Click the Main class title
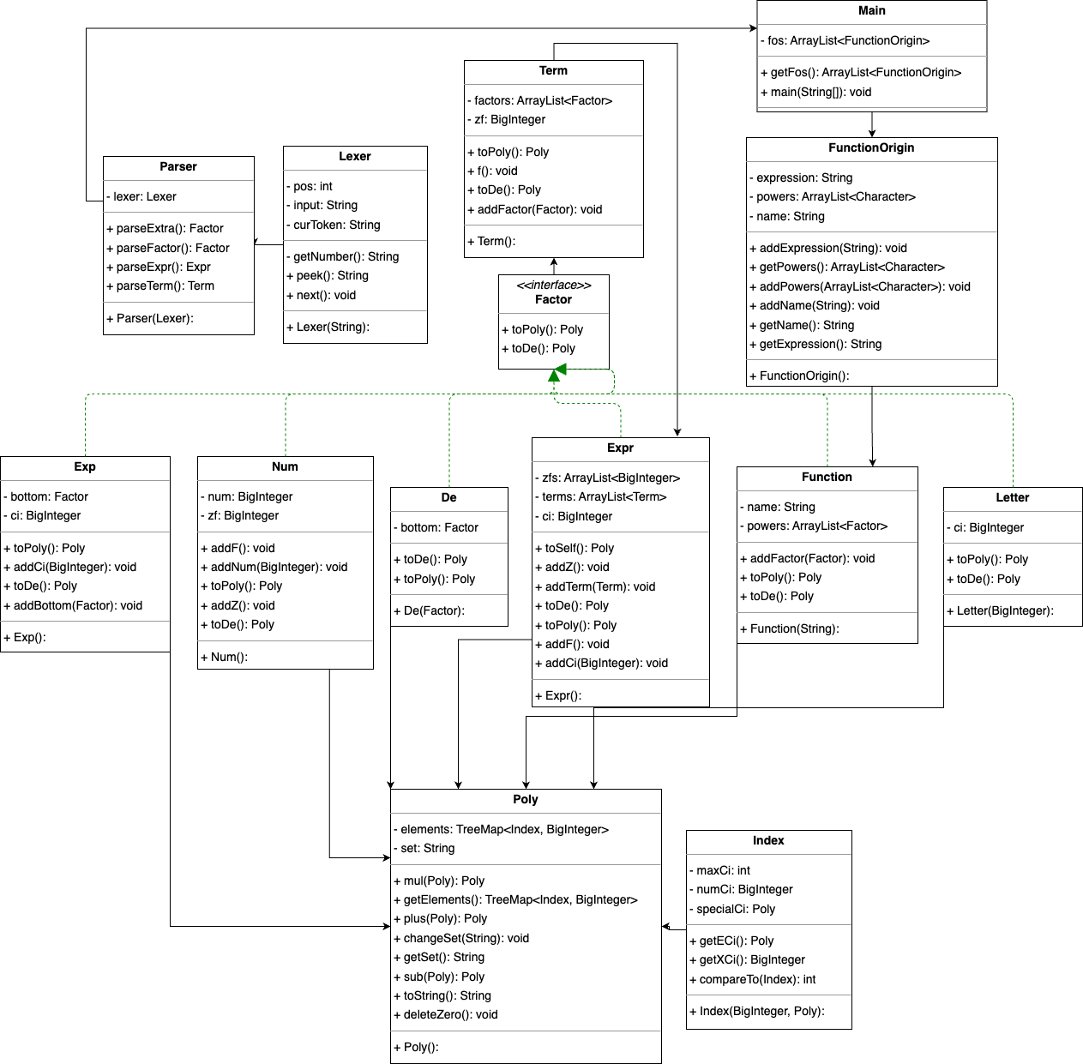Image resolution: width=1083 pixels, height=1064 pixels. [x=871, y=10]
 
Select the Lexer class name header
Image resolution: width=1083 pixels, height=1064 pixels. [x=355, y=156]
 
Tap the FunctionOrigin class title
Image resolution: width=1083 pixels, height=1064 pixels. [x=871, y=147]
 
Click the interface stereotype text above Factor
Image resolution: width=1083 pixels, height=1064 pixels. [x=554, y=285]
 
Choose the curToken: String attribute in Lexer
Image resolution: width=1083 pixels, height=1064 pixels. [x=334, y=225]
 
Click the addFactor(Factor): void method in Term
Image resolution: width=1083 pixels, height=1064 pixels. [x=534, y=210]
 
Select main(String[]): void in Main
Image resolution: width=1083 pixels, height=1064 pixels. [x=816, y=93]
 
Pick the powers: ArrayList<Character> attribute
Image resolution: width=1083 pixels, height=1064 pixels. [x=833, y=196]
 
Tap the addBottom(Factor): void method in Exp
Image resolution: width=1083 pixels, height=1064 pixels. [x=73, y=605]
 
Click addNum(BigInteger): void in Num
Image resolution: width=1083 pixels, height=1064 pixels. [x=274, y=567]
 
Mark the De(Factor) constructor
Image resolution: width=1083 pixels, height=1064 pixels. [x=430, y=611]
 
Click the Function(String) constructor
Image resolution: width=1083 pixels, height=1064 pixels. [x=790, y=628]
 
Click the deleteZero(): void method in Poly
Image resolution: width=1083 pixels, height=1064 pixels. [x=446, y=1014]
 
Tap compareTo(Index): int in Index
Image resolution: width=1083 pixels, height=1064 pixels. [x=753, y=979]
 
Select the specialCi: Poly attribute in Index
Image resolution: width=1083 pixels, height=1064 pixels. [x=732, y=909]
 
